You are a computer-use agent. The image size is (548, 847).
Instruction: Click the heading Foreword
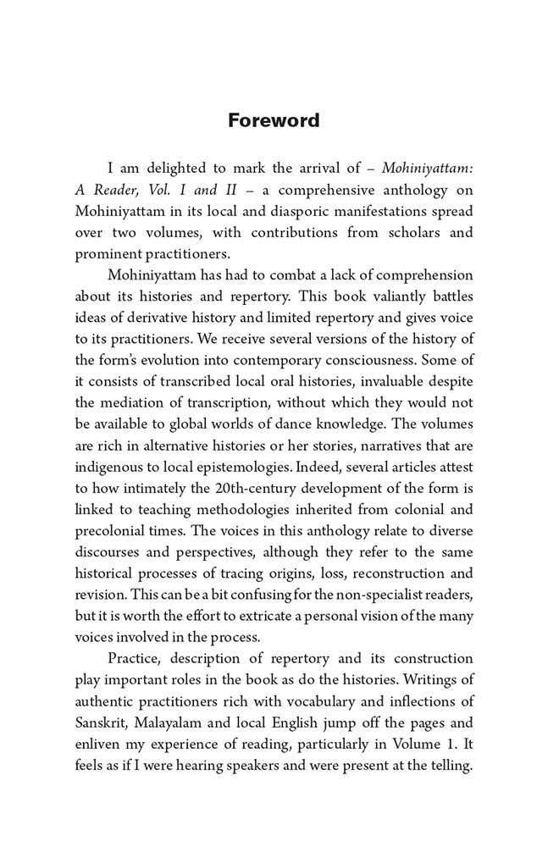(274, 120)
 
